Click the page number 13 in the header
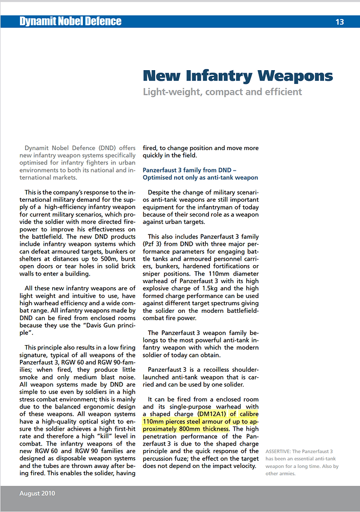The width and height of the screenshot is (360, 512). click(340, 22)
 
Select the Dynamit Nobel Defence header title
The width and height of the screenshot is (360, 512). click(70, 22)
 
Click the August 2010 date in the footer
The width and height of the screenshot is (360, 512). click(37, 494)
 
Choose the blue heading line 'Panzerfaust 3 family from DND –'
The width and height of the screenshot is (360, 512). click(189, 170)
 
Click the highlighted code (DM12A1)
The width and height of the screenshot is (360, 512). click(211, 414)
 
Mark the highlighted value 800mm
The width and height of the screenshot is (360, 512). click(192, 429)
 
